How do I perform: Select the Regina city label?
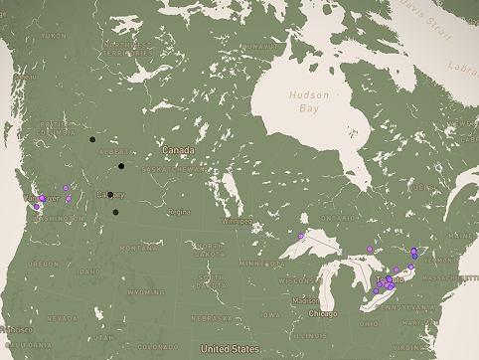179,212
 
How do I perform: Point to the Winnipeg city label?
237,221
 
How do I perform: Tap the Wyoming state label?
146,292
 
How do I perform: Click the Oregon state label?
43,264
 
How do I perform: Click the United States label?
230,349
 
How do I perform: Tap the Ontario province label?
338,217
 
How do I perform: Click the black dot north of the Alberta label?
92,139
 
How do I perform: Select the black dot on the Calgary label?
109,195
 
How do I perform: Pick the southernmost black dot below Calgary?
115,212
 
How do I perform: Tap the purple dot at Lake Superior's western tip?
300,236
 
